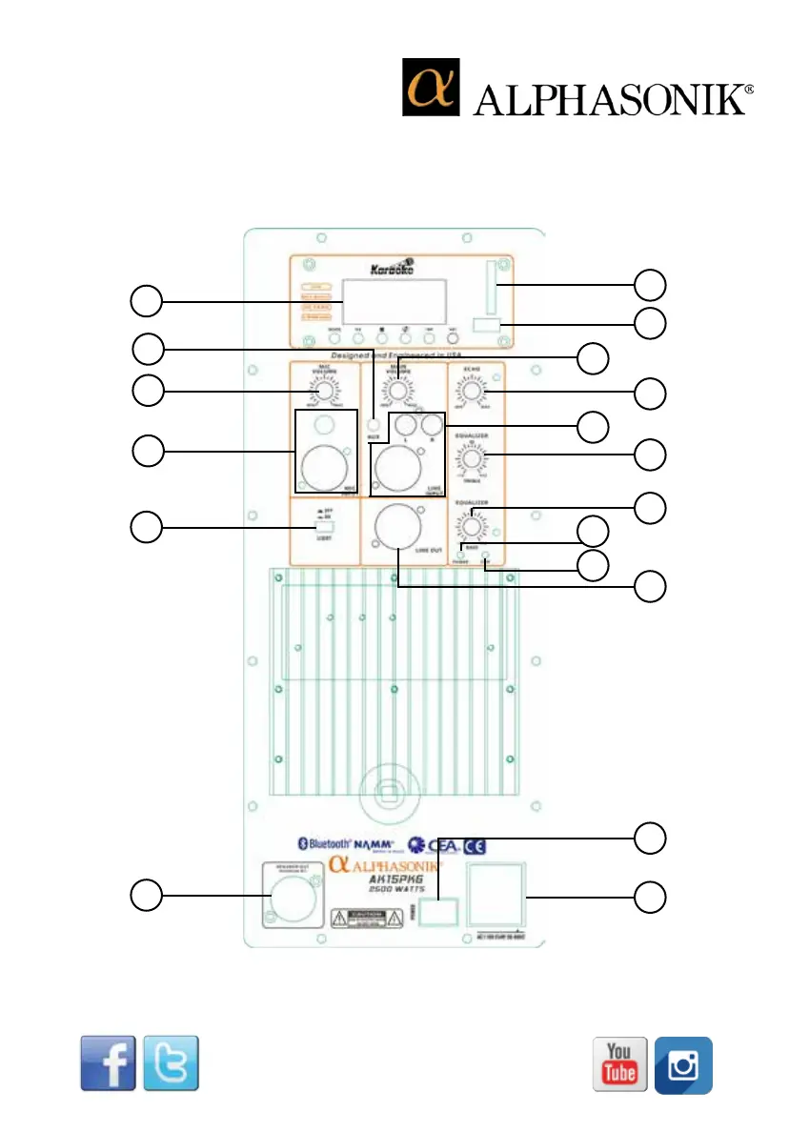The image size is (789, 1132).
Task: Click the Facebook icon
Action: [108, 1063]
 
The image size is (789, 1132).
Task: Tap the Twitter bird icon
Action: [171, 1063]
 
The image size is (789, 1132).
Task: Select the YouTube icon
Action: [620, 1063]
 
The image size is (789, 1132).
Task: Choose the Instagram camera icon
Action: [683, 1064]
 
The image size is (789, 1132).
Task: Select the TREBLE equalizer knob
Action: [472, 460]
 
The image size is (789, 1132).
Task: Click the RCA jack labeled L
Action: [407, 425]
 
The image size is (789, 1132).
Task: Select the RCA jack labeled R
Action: [434, 425]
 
